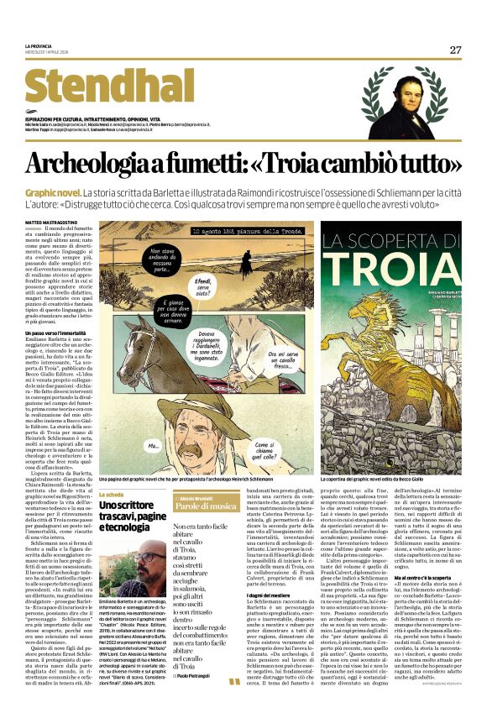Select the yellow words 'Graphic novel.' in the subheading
53,193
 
